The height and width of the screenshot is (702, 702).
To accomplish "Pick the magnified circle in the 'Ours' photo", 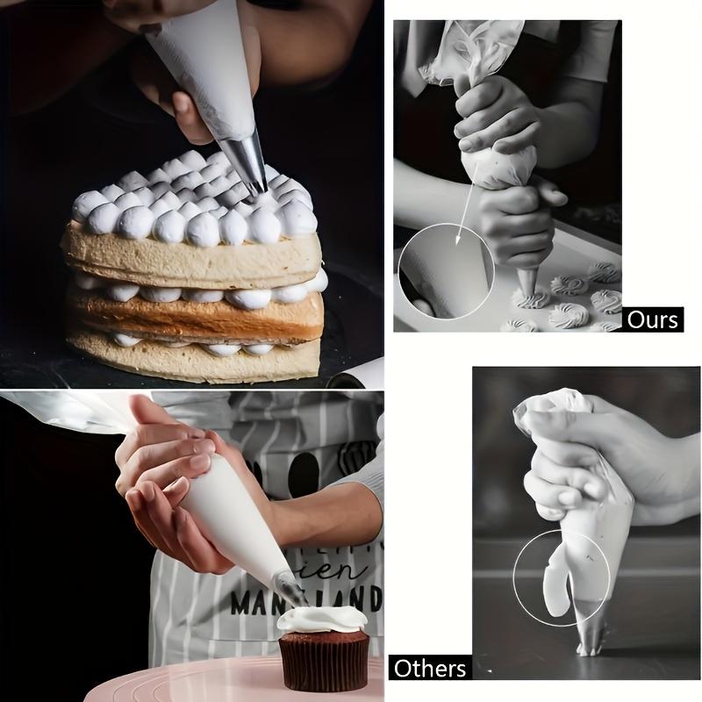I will tap(446, 270).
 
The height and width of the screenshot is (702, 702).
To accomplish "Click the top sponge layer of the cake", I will tap(193, 256).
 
